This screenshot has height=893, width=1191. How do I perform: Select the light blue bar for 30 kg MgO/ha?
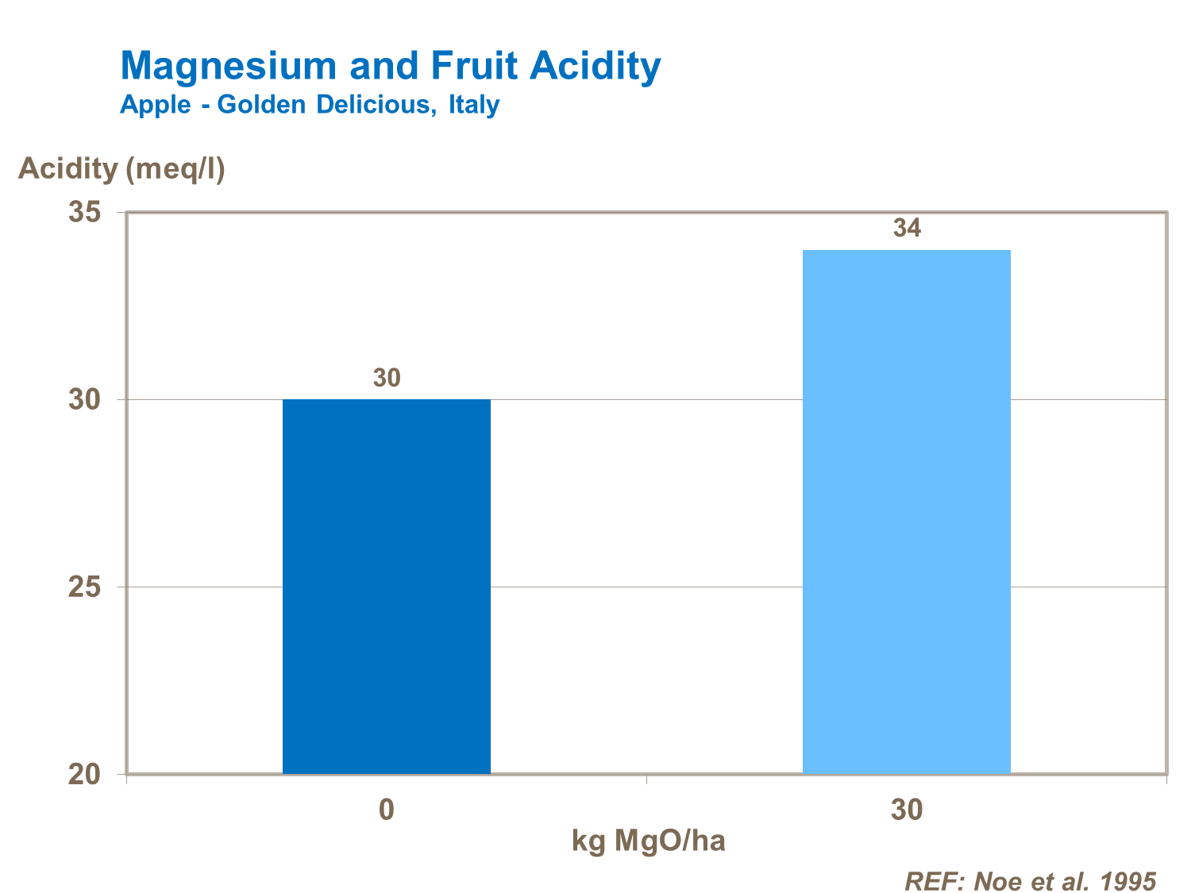(x=906, y=511)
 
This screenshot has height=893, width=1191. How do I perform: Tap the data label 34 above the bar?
(x=907, y=229)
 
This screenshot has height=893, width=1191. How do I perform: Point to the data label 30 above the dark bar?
(x=387, y=379)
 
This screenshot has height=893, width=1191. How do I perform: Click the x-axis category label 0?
(x=387, y=810)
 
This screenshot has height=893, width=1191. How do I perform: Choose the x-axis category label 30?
(x=907, y=810)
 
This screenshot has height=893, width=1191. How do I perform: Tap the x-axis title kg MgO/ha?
(x=648, y=841)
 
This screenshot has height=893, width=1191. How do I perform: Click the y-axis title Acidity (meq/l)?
(x=121, y=169)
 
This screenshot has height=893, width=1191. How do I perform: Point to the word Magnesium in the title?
(x=229, y=66)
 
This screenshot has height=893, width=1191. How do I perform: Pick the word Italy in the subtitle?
(x=474, y=105)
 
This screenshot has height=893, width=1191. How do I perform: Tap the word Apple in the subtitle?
(x=156, y=105)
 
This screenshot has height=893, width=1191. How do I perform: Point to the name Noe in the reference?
(x=1000, y=881)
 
